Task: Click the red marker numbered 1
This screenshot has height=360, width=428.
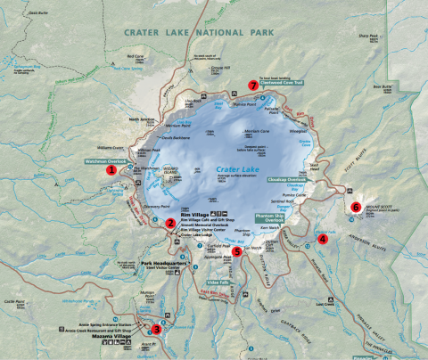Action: [x=111, y=168]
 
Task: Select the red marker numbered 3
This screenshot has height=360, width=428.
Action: [x=156, y=329]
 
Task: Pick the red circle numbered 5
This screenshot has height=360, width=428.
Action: [x=236, y=251]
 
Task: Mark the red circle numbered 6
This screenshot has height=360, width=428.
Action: [x=356, y=207]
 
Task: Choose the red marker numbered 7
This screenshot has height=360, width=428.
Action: [x=253, y=86]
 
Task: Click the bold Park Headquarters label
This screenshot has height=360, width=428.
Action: [x=165, y=264]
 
